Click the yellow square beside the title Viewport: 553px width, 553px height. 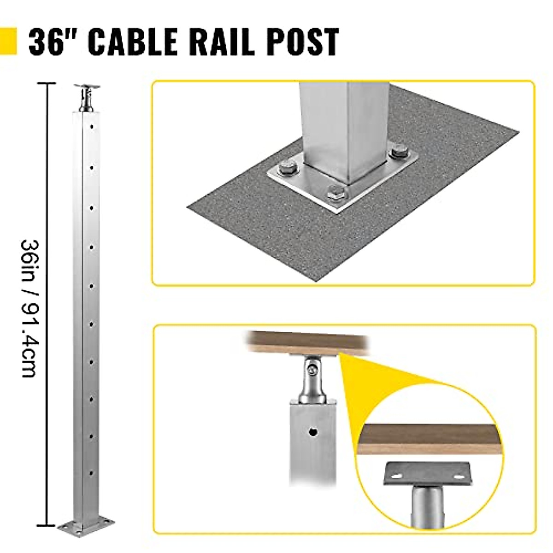click(x=8, y=41)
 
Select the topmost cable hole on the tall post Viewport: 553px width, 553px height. click(x=92, y=125)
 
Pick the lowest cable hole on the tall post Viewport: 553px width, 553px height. click(x=92, y=472)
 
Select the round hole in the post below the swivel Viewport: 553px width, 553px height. click(x=313, y=433)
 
